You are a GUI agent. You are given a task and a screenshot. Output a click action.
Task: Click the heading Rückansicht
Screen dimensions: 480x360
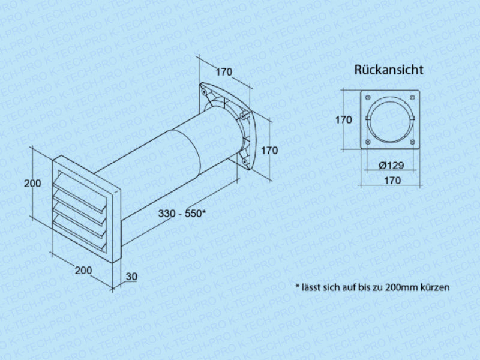pos(389,70)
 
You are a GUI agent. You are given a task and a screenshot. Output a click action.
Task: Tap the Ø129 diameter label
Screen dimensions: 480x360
pos(391,166)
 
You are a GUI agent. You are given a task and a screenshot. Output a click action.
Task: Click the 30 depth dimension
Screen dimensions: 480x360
pos(131,277)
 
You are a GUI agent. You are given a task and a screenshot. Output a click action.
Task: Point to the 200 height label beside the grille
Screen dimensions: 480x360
pos(32,184)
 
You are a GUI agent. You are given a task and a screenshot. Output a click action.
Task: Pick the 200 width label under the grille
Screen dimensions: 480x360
pos(83,271)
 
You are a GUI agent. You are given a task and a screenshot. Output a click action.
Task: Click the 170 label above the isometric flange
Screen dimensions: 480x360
pos(224,72)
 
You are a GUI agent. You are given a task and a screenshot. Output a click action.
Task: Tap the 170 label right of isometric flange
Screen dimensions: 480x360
pos(269,151)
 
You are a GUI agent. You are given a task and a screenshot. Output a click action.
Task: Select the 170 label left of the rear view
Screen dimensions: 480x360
pos(343,120)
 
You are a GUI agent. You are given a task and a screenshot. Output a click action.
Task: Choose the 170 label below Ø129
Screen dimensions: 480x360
pos(392,181)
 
